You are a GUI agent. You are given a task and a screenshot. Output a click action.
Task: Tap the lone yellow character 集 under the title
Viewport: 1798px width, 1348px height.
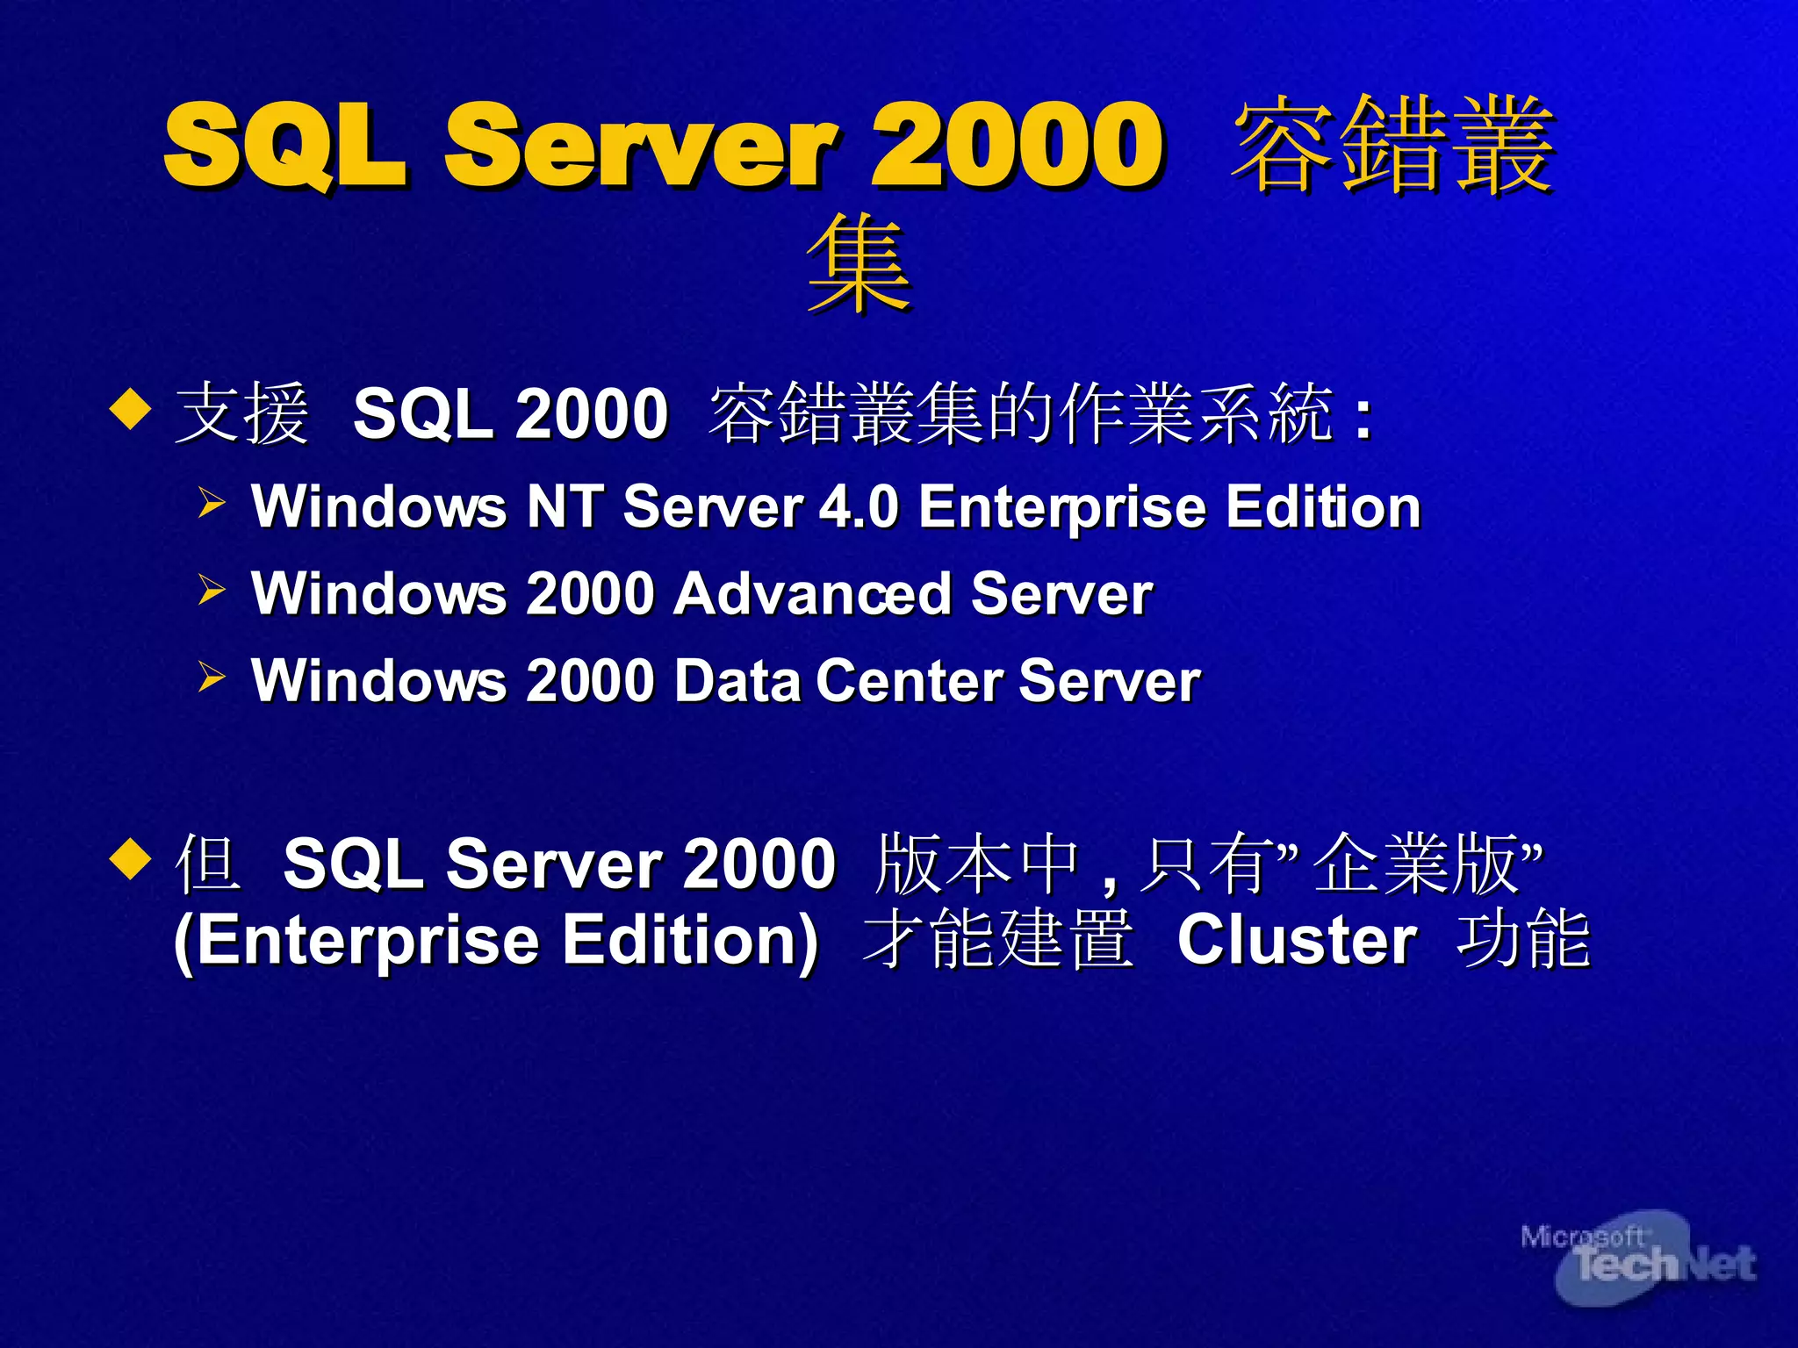click(859, 263)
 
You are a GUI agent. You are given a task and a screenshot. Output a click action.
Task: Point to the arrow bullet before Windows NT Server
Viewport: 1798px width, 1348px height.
click(211, 503)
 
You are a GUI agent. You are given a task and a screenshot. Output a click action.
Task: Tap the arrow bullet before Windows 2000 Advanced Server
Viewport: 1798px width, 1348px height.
click(211, 589)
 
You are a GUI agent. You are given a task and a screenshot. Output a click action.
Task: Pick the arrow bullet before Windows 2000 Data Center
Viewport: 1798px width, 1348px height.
click(211, 676)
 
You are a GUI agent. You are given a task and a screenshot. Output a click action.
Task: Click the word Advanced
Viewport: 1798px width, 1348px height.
click(812, 593)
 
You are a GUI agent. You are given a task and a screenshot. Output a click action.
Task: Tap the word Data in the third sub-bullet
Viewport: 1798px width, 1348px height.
click(737, 680)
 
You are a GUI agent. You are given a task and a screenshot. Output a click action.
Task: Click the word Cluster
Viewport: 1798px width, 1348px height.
click(1297, 940)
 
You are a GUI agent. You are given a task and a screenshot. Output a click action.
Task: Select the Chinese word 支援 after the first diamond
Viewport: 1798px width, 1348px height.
click(242, 413)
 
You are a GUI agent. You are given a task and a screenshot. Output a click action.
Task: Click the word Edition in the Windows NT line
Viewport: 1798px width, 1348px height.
click(1323, 506)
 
